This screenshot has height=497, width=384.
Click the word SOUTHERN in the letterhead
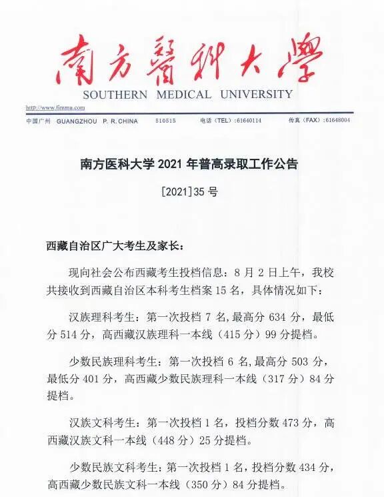click(x=115, y=95)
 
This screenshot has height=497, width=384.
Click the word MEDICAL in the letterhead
click(x=184, y=95)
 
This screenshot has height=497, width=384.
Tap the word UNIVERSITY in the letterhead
click(x=255, y=95)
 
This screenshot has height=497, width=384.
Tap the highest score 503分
click(x=311, y=361)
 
